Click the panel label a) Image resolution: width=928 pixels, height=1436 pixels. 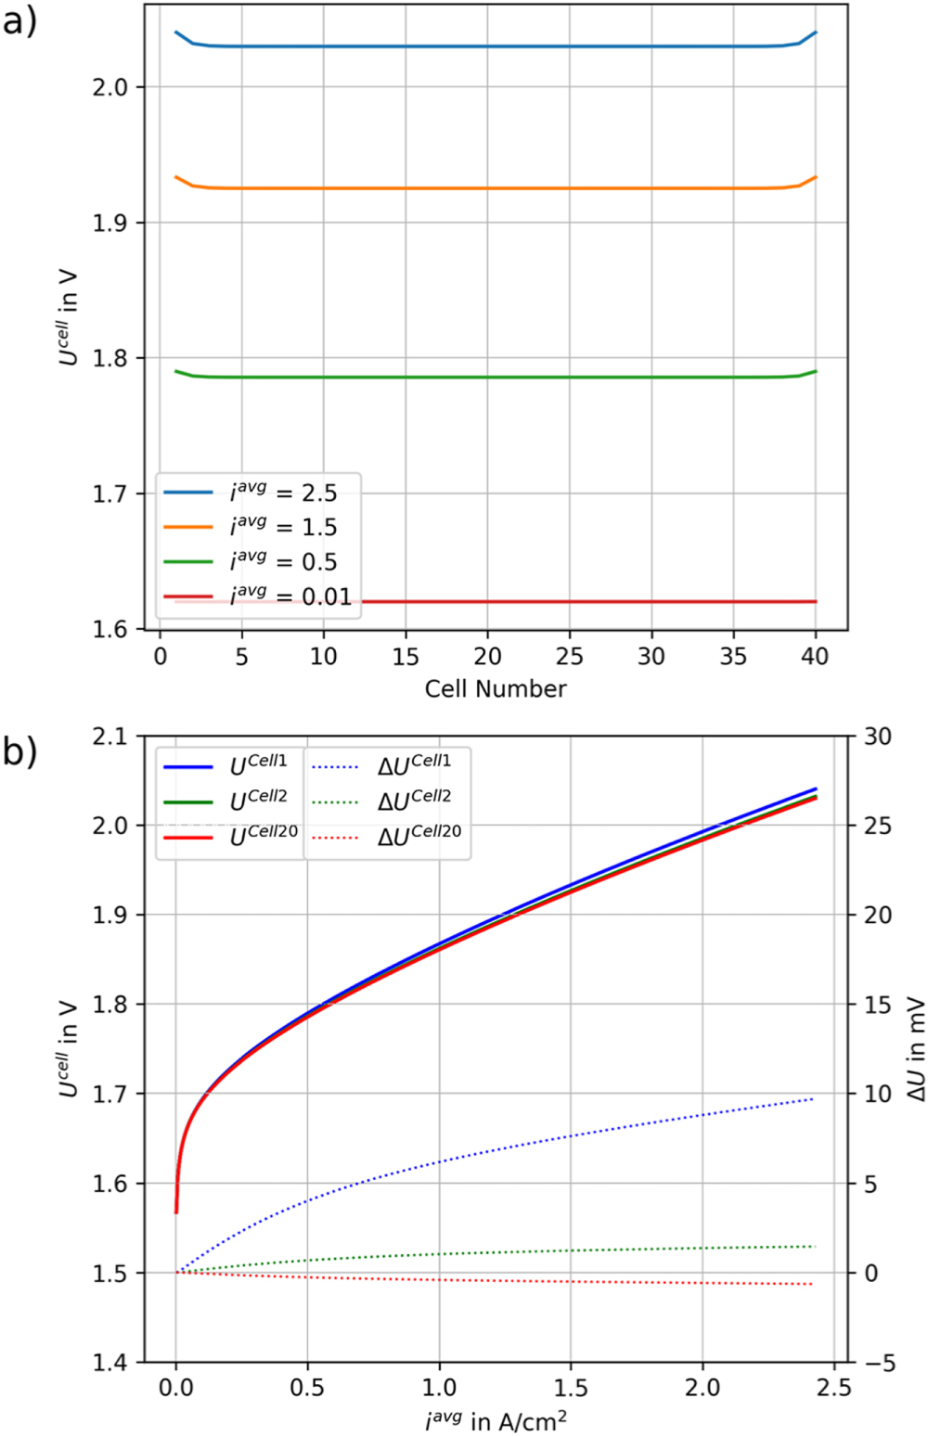click(19, 20)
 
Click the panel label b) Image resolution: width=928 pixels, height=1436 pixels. click(19, 750)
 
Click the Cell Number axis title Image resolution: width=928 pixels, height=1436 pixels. click(495, 689)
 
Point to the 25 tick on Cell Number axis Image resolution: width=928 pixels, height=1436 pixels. click(569, 657)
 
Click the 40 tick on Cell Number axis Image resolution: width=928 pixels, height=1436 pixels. click(814, 657)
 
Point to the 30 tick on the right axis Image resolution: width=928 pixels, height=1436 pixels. click(878, 737)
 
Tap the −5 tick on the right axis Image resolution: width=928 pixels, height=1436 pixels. click(878, 1362)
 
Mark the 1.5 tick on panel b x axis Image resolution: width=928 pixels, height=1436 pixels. click(570, 1388)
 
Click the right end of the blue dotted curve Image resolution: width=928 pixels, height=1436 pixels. click(813, 1099)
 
